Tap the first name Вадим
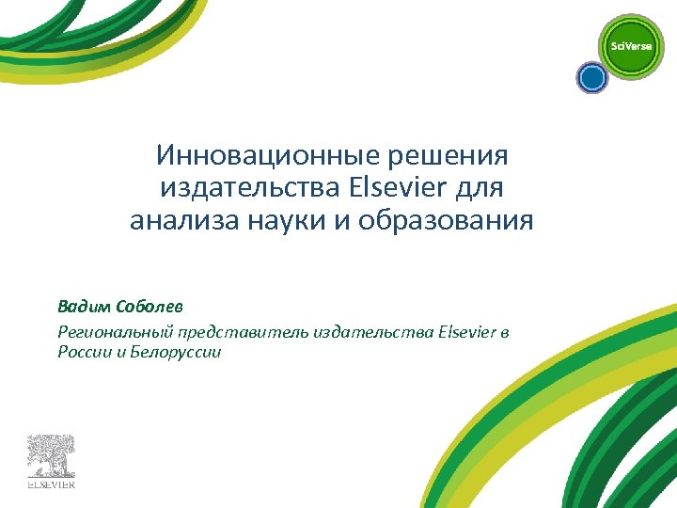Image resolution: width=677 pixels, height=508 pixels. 83,307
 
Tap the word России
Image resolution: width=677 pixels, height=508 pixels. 83,353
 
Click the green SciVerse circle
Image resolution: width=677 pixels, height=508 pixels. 631,46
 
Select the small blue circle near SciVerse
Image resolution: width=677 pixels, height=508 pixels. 591,77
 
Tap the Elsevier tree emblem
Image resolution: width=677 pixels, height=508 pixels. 50,455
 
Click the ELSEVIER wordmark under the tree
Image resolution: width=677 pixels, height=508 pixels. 50,485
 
